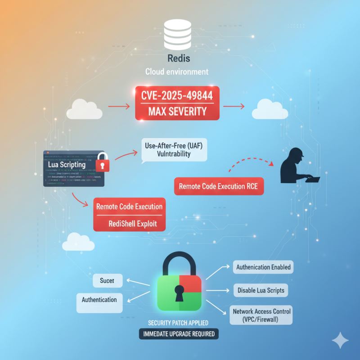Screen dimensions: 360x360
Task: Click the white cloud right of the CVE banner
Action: point(269,109)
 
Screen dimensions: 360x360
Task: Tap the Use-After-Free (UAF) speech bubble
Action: point(174,149)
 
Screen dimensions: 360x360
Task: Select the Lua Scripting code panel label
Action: point(67,165)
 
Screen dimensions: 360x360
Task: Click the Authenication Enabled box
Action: point(264,267)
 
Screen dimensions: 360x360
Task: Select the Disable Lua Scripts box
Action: point(261,290)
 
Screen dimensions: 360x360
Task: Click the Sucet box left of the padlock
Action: point(107,281)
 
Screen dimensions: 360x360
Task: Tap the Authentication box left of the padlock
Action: point(99,300)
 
